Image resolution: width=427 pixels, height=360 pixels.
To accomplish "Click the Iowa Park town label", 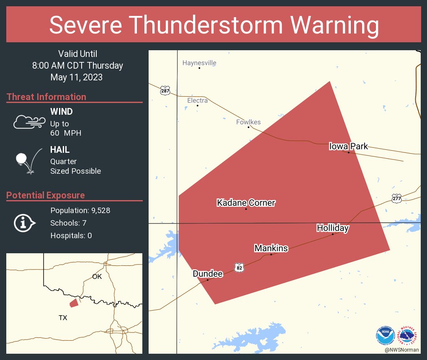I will click(348, 146).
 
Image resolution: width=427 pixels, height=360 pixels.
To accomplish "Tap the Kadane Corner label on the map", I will click(246, 203).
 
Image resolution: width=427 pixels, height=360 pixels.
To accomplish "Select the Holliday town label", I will click(332, 228).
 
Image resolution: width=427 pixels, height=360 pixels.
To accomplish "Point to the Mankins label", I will click(271, 248).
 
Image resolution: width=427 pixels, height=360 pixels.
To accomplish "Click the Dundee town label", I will click(207, 274).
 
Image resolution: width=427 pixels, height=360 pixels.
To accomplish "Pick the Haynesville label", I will click(199, 63).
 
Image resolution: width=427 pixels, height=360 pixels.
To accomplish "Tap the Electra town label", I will click(197, 100).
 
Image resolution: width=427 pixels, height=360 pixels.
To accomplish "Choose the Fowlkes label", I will click(248, 122).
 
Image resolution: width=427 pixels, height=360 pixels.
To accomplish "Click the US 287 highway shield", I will click(165, 90).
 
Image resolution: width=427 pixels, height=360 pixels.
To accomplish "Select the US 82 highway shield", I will click(239, 267).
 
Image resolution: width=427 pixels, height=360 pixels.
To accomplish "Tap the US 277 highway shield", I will click(396, 199).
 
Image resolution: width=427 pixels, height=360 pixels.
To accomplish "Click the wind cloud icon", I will click(29, 122).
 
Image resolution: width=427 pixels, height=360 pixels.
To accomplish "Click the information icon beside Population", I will click(25, 223).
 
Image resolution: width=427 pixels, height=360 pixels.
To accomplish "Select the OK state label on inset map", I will click(97, 276).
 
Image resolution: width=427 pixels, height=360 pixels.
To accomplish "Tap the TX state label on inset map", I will click(63, 318).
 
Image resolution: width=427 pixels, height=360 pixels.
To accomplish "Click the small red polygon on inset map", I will click(74, 303).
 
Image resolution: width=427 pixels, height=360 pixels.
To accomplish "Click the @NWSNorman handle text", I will click(401, 350).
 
